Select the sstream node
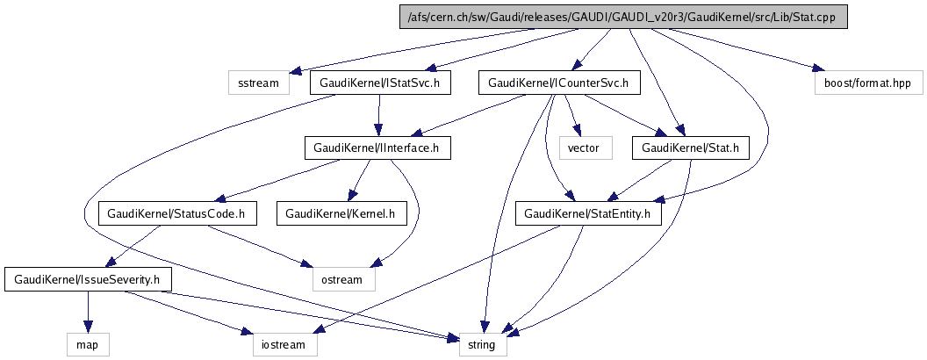pyautogui.click(x=258, y=83)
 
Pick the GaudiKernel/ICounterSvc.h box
pyautogui.click(x=559, y=83)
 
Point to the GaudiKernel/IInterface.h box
pyautogui.click(x=377, y=148)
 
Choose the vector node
pyautogui.click(x=583, y=148)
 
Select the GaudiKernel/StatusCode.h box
pyautogui.click(x=176, y=212)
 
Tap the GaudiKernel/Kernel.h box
pyautogui.click(x=341, y=212)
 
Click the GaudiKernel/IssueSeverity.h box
pyautogui.click(x=88, y=279)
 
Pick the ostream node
pyautogui.click(x=343, y=279)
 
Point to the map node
pyautogui.click(x=88, y=344)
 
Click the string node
pyautogui.click(x=482, y=344)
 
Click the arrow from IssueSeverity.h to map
pyautogui.click(x=88, y=312)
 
